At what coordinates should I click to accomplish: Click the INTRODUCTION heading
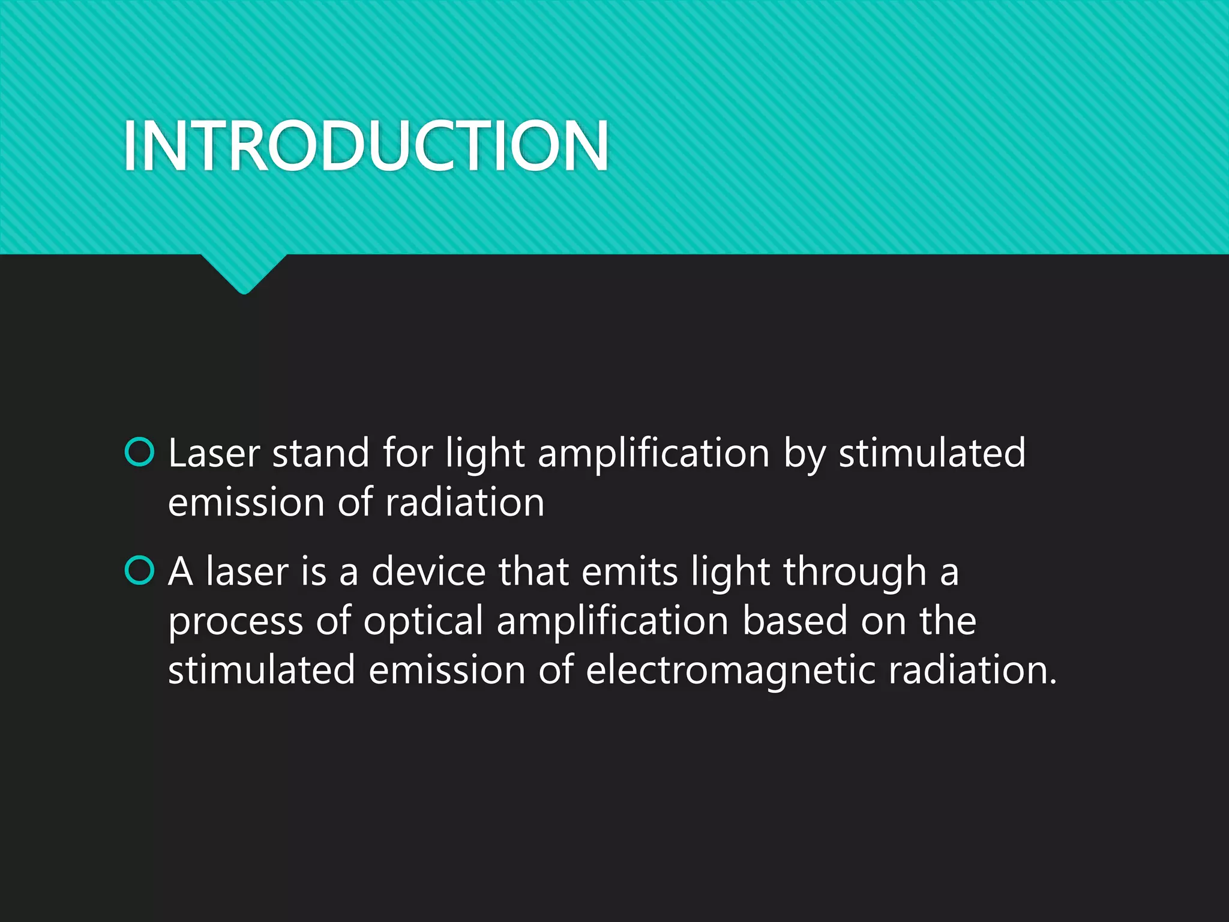coord(366,146)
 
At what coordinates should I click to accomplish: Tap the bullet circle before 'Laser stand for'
coord(140,452)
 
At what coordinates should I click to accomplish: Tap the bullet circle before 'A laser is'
coord(140,570)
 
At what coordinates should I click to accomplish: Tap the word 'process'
coord(235,622)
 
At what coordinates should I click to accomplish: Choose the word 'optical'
coord(423,622)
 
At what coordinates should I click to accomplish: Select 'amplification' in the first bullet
coord(654,454)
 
